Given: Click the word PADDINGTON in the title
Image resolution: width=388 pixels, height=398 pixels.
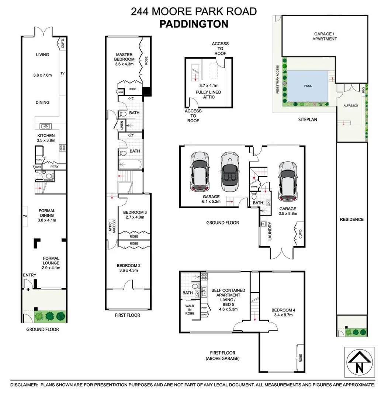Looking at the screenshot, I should (194, 24).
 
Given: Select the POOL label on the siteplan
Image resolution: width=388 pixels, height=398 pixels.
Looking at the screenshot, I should (308, 86).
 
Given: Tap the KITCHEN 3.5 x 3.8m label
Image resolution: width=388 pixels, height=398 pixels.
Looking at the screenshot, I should (46, 138).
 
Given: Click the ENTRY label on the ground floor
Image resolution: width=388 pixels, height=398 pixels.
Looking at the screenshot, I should (30, 275).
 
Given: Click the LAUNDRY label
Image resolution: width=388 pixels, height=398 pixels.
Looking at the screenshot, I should (270, 231).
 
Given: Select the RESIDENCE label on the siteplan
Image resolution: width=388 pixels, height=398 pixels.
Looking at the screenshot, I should (351, 219).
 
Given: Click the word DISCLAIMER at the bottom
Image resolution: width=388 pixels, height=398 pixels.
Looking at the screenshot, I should (24, 385).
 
